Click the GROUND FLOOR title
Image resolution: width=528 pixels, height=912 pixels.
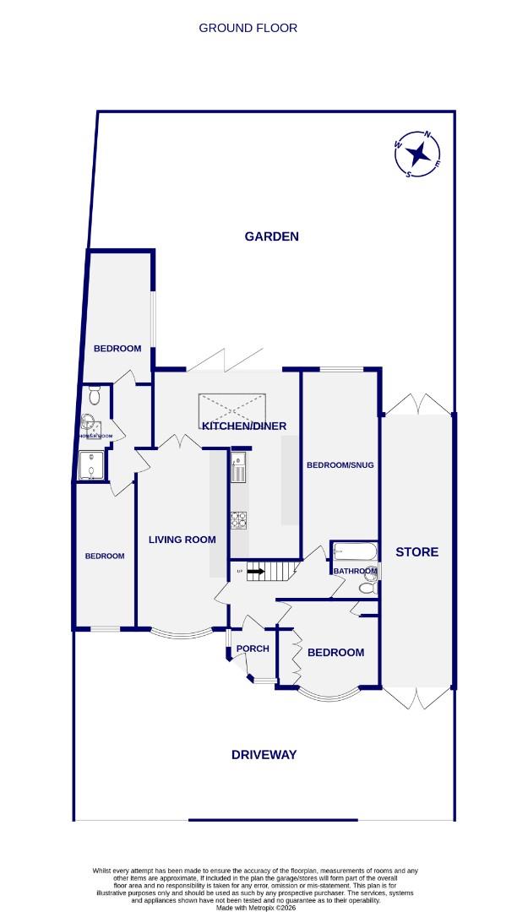coord(248,28)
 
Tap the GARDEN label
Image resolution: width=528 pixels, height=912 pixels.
coord(271,236)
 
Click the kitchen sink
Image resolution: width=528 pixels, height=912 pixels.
coord(238,466)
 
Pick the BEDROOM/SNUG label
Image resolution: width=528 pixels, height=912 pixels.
coord(340,465)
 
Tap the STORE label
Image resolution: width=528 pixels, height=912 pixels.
coord(417,552)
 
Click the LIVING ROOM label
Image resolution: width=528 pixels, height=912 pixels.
coord(182,540)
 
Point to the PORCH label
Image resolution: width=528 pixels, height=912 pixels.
coord(253,649)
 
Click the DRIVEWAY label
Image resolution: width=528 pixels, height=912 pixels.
coord(264,755)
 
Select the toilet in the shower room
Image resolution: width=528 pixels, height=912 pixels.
coord(95,394)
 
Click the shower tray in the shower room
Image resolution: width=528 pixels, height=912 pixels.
coord(89,465)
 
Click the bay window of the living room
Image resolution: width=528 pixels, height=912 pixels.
coord(181,634)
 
